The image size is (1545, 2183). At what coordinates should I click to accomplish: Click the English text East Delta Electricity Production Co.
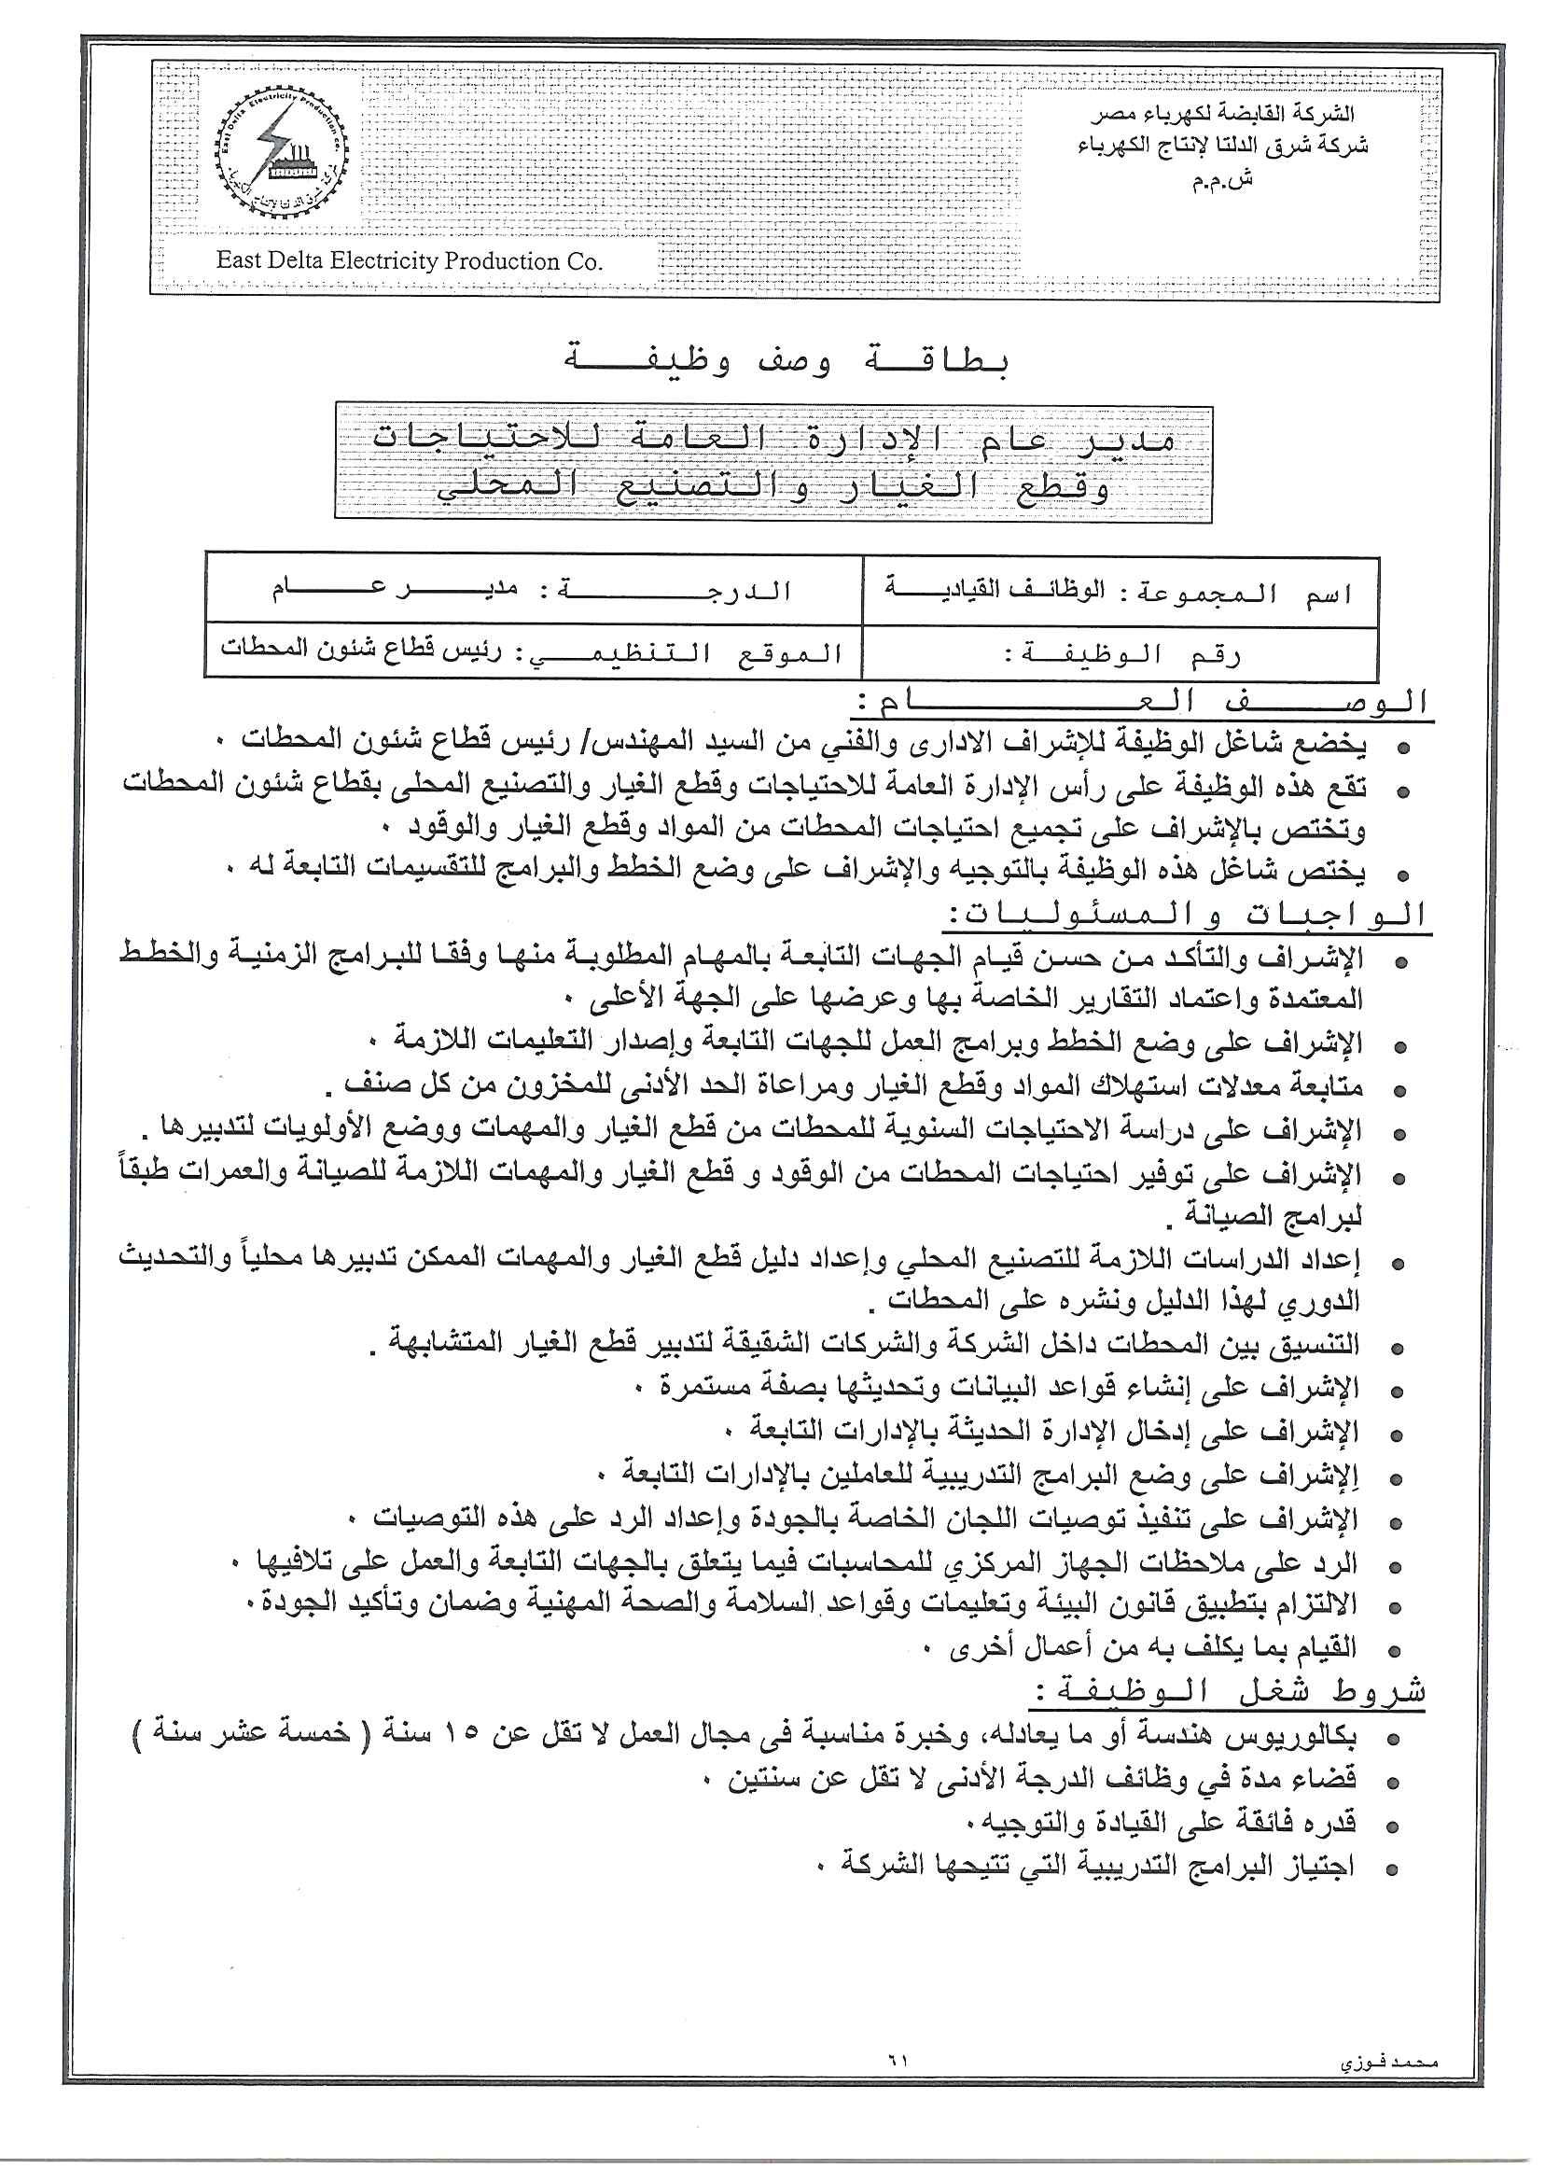point(409,260)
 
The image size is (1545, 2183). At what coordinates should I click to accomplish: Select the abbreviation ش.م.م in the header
point(1222,180)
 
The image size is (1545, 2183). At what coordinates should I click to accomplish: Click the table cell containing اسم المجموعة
point(1120,592)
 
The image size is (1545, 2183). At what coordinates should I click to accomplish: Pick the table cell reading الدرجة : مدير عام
point(533,590)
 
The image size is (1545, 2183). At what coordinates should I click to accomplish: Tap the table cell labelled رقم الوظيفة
point(1120,653)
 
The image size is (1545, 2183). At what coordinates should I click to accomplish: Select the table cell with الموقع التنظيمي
point(533,651)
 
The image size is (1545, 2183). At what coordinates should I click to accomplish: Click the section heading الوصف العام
point(1142,703)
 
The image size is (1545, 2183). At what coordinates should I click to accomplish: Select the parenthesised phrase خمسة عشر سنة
point(244,1734)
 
